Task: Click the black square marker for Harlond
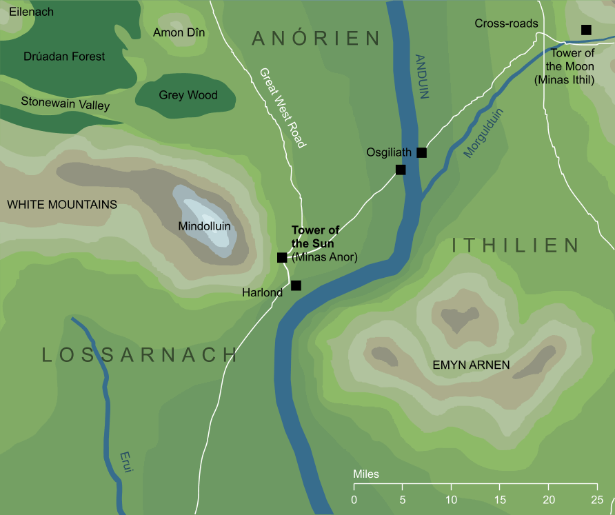point(296,285)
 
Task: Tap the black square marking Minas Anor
point(281,258)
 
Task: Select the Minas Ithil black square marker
point(586,30)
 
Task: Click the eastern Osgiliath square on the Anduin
point(422,152)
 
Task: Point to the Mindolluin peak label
point(204,226)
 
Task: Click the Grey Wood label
point(188,95)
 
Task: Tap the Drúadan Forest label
point(64,57)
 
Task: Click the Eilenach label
point(32,12)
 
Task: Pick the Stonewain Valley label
point(65,104)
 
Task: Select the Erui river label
point(125,461)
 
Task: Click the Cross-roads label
point(506,23)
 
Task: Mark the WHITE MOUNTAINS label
point(62,205)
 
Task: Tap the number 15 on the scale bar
point(500,499)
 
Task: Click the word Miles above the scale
point(365,474)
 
